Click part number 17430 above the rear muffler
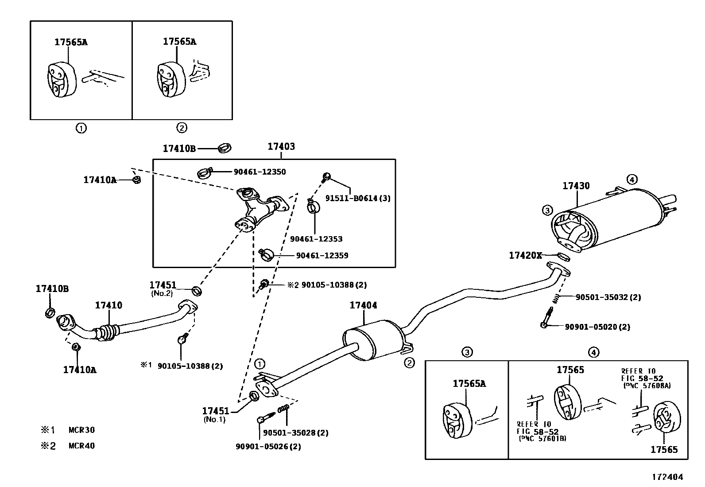point(576,186)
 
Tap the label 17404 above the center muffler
point(363,305)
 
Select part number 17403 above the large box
point(281,146)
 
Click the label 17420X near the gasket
point(525,256)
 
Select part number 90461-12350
point(260,172)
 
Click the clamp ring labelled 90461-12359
point(267,254)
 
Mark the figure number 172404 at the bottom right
point(667,477)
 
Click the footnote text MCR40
point(81,446)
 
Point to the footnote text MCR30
point(81,430)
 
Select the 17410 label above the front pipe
point(108,305)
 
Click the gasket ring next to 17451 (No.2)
point(197,291)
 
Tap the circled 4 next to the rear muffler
point(632,179)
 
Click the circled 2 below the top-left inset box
point(182,128)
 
